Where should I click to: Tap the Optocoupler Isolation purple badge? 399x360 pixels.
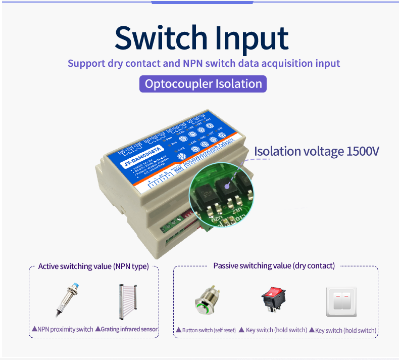tap(203, 84)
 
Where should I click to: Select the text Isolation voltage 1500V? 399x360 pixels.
tap(316, 151)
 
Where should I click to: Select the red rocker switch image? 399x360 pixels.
tap(273, 301)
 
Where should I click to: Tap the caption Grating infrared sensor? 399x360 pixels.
tap(129, 329)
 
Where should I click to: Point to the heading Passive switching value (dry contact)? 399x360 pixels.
tap(274, 265)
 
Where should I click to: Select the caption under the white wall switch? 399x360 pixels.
tap(345, 330)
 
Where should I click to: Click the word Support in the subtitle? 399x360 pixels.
tap(86, 64)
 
